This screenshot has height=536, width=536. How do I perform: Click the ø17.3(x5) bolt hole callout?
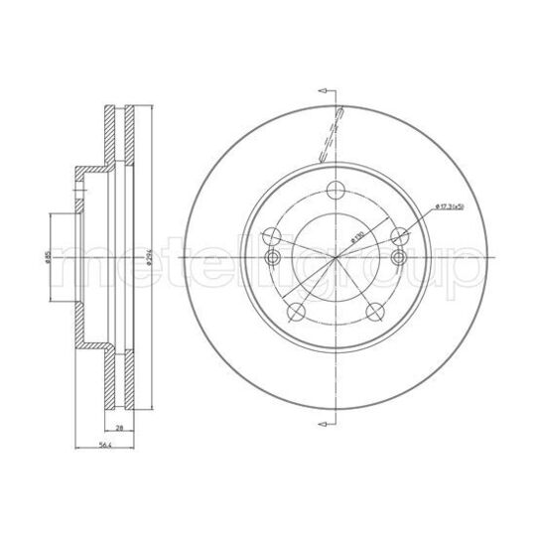[x=450, y=205]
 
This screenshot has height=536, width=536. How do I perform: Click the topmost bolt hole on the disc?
[x=336, y=191]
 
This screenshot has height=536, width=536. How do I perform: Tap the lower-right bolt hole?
[x=376, y=313]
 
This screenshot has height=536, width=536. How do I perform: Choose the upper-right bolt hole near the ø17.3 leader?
[x=401, y=236]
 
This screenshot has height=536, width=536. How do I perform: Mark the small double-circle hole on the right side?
[x=399, y=259]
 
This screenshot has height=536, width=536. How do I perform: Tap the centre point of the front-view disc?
[x=336, y=257]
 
